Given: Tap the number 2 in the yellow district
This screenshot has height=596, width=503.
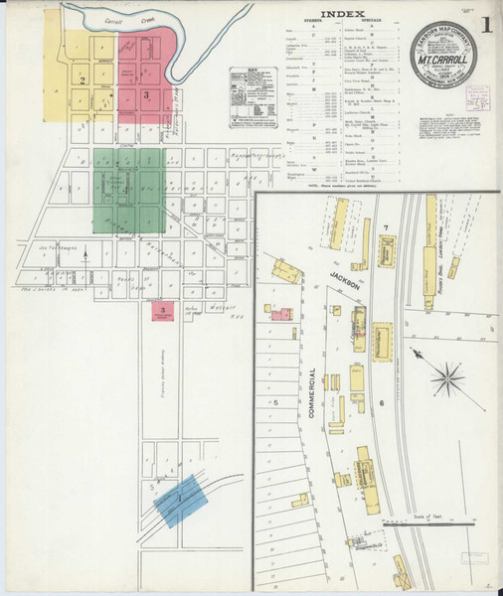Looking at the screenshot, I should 84,79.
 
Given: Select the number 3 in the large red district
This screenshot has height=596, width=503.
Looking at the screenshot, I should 146,94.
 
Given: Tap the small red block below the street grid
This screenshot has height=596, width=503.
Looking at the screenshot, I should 162,312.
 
